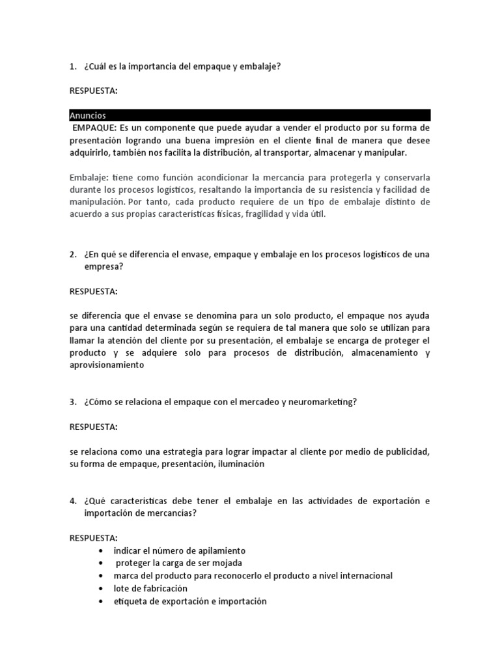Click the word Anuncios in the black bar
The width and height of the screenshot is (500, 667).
click(x=88, y=115)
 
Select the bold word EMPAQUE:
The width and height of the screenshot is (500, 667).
click(x=94, y=128)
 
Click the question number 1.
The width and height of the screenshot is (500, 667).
click(x=72, y=66)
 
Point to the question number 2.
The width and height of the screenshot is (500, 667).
click(x=72, y=253)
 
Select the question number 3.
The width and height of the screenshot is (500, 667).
click(x=72, y=402)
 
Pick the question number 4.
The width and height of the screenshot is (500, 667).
click(x=72, y=501)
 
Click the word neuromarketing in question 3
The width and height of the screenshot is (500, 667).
click(x=323, y=402)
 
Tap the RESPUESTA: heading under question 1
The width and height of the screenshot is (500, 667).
click(x=94, y=91)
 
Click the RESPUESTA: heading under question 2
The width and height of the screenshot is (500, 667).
click(x=94, y=291)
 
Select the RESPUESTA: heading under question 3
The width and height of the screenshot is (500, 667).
click(x=94, y=427)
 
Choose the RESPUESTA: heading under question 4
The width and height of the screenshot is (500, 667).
click(x=94, y=538)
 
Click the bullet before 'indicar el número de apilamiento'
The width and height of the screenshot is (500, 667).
click(x=100, y=551)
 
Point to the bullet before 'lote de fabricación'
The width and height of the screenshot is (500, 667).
click(x=100, y=589)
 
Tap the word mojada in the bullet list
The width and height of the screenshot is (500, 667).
click(x=229, y=563)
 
